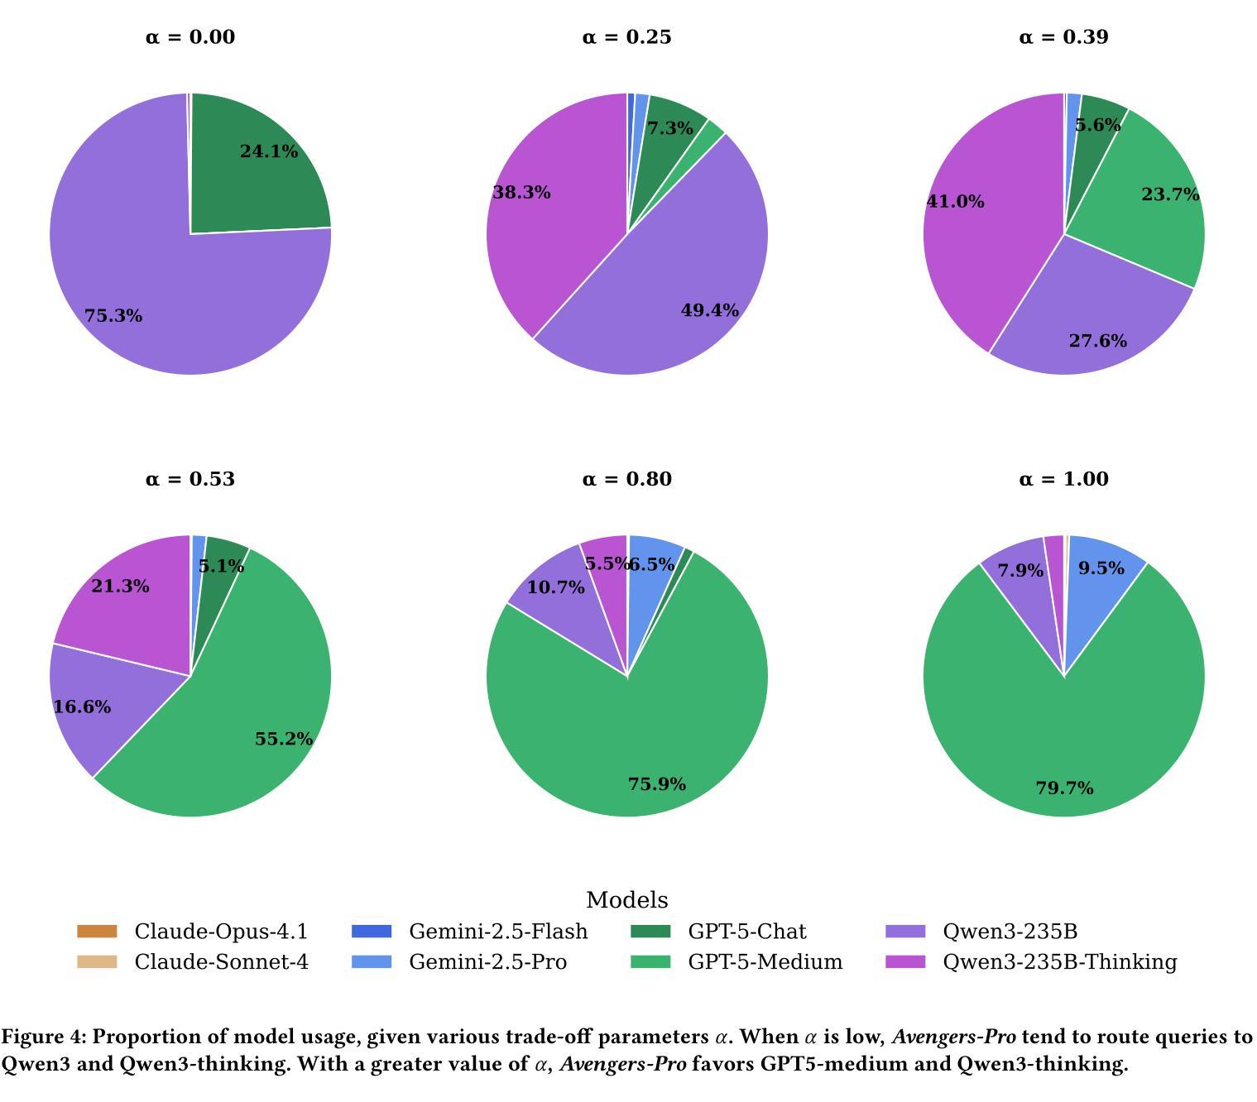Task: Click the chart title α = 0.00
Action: pos(190,37)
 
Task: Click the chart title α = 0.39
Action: pos(1063,37)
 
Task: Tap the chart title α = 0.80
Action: pos(626,479)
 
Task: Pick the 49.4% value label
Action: pos(709,310)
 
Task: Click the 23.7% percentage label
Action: pos(1170,194)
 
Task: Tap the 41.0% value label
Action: pos(956,201)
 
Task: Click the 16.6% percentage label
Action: pos(82,707)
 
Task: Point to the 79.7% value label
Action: pos(1064,788)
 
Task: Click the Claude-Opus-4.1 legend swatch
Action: pos(97,932)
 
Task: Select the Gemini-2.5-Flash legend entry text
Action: pos(498,932)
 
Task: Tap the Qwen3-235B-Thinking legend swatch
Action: pos(905,961)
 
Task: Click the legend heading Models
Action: pos(626,900)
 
